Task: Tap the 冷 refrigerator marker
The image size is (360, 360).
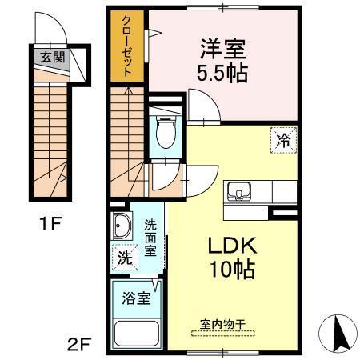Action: point(282,139)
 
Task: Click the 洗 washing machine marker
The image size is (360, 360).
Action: point(124,258)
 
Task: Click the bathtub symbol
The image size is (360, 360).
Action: point(137,331)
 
